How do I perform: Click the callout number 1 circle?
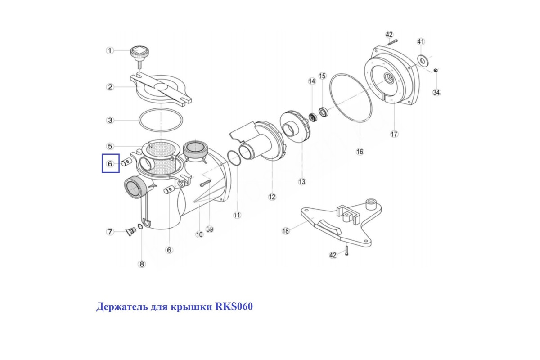(110, 51)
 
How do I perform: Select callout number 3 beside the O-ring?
(110, 120)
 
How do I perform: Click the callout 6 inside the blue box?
(110, 164)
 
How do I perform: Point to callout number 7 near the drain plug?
(110, 232)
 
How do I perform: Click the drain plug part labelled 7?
(131, 231)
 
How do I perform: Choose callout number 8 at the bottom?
(142, 264)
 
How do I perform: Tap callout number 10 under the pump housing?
(199, 234)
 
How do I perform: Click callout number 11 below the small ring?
(237, 215)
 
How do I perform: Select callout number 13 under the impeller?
(302, 181)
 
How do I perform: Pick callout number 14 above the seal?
(312, 81)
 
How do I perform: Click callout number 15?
(322, 76)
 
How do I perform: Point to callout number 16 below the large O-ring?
(360, 152)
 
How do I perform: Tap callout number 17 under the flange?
(394, 134)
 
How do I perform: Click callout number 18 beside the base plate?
(286, 231)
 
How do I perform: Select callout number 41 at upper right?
(421, 41)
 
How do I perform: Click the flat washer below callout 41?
(423, 60)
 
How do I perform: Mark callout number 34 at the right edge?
(436, 92)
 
